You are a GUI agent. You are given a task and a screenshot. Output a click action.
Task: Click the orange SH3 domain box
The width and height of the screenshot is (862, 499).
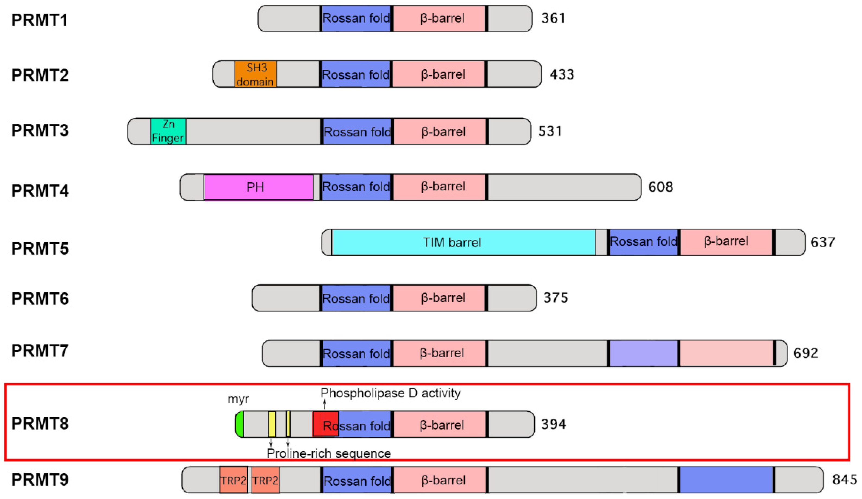256,74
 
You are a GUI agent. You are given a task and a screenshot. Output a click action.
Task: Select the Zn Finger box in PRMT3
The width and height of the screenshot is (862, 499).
168,131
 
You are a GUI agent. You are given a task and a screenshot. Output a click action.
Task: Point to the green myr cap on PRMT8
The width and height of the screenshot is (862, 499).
240,424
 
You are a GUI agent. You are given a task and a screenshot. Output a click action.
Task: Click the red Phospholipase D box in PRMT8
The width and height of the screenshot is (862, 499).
325,424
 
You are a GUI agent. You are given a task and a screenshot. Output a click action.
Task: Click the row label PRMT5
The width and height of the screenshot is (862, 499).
40,248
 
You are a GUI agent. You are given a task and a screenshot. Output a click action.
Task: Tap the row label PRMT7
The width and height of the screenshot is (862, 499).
40,350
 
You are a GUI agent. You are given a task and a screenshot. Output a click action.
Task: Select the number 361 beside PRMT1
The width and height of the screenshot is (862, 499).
553,18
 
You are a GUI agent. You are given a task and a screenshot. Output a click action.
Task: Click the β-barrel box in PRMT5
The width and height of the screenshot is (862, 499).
726,242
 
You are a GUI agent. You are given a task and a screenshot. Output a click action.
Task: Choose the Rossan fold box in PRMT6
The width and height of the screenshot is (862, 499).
356,298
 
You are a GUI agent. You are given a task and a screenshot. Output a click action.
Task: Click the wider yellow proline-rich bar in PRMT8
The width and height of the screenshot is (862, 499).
272,424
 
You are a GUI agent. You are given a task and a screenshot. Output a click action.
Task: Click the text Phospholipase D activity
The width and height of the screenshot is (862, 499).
390,393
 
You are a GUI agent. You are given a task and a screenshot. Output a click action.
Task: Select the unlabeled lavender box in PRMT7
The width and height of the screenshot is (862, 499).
643,353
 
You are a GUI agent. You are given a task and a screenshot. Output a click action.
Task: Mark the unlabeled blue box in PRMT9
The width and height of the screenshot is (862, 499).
726,480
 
